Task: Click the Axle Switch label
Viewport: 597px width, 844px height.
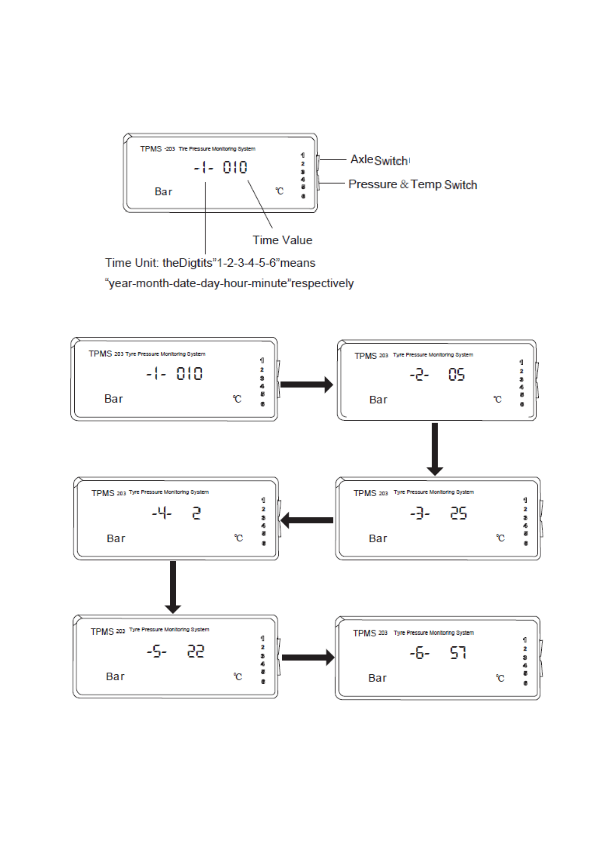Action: pos(379,160)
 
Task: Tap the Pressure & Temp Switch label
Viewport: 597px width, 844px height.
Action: pos(413,185)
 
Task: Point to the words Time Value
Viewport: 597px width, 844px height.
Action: pos(282,240)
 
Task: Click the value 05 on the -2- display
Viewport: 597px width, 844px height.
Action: pos(456,375)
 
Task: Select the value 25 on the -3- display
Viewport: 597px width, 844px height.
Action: pos(458,513)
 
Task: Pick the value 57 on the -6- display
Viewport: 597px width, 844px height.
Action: pos(458,653)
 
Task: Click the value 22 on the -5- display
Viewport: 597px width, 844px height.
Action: pos(195,652)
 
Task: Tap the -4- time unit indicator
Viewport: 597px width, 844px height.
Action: pos(162,513)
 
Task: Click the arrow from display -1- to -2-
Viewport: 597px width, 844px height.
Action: pos(306,385)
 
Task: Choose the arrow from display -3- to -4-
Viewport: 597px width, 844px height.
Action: pos(307,520)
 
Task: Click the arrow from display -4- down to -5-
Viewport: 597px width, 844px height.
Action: pos(173,587)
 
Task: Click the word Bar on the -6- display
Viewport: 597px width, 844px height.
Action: pos(377,678)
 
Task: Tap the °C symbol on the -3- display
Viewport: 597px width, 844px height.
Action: pos(500,538)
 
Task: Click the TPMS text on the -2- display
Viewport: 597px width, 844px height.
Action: pos(365,356)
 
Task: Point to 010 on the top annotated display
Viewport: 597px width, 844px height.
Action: pos(235,167)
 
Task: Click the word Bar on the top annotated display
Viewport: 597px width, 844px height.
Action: pos(163,192)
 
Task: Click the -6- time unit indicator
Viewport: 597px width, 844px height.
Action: pos(419,653)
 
